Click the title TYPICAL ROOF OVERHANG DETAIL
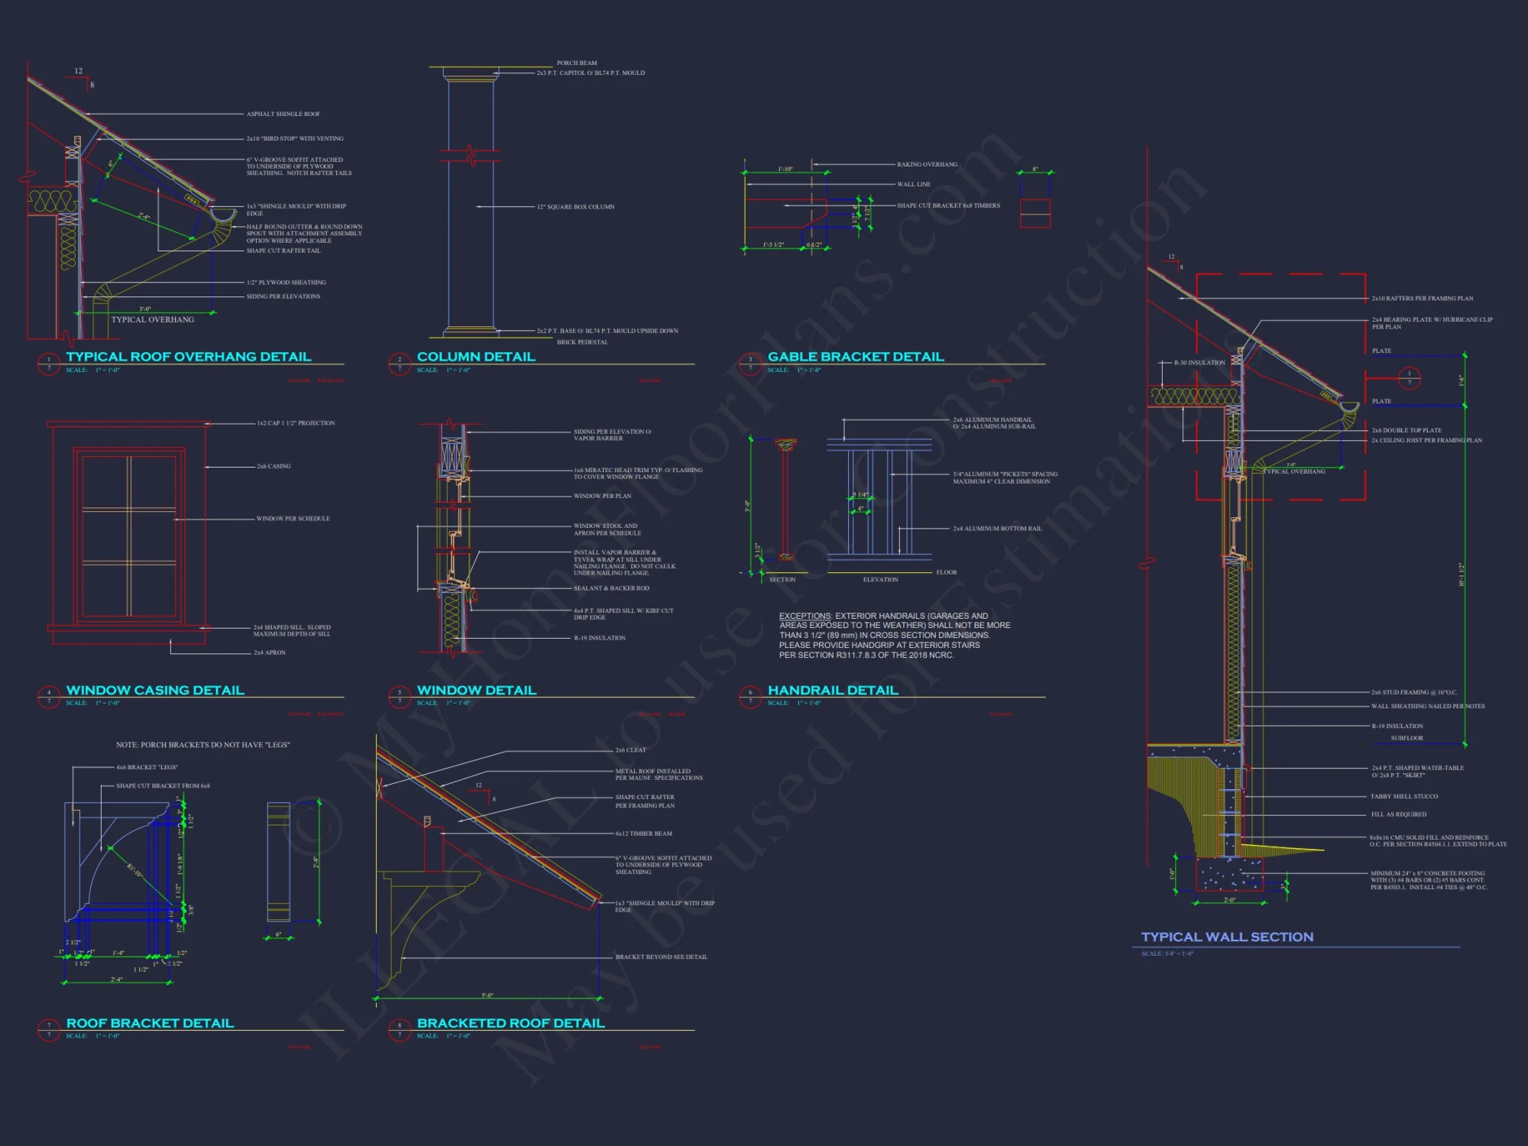click(188, 357)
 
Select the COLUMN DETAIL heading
click(475, 357)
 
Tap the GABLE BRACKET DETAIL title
click(856, 357)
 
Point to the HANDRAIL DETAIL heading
click(832, 691)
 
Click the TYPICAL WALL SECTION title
click(1227, 937)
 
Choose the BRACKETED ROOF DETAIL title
click(510, 1024)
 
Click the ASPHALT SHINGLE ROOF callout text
click(283, 114)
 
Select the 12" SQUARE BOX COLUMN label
click(575, 207)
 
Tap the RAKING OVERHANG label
click(927, 164)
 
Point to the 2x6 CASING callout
click(274, 466)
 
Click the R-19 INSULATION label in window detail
click(599, 638)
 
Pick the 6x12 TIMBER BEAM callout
click(643, 834)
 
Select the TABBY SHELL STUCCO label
click(1403, 796)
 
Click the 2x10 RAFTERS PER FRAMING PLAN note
click(1422, 299)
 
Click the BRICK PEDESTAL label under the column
click(582, 342)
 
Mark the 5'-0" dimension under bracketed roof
click(487, 995)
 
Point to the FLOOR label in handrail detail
click(946, 572)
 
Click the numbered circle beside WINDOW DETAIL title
click(400, 697)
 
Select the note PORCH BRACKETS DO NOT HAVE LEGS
click(202, 745)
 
